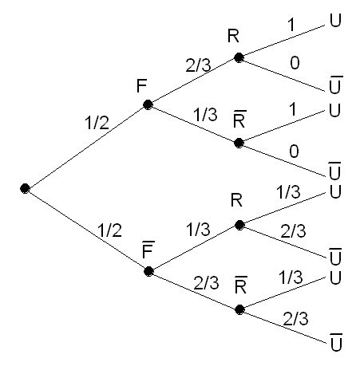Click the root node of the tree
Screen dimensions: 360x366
25,188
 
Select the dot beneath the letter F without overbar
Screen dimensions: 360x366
148,104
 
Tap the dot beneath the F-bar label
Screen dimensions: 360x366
148,271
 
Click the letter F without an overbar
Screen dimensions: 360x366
141,86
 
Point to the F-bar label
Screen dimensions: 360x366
148,250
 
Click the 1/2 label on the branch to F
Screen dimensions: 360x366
97,123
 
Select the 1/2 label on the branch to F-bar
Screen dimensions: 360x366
109,230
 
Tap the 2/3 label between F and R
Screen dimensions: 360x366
198,65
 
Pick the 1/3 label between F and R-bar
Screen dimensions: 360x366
205,115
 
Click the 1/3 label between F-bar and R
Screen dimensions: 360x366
198,230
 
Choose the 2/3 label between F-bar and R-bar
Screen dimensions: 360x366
206,283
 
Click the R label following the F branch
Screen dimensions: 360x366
233,36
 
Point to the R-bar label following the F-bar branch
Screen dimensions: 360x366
241,285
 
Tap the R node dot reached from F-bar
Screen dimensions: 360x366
239,225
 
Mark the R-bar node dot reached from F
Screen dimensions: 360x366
239,143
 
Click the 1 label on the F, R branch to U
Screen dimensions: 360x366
291,25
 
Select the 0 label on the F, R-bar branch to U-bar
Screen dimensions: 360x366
294,152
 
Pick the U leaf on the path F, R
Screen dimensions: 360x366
335,20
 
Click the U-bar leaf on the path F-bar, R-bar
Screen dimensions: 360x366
336,342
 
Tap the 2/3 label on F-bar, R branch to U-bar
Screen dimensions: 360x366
293,231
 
